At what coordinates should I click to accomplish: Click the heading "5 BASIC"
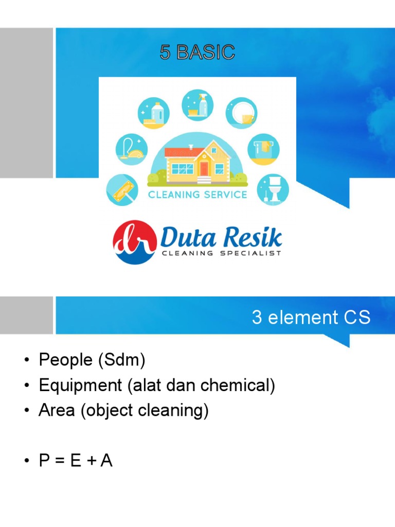(x=197, y=52)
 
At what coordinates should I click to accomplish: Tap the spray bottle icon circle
(x=197, y=105)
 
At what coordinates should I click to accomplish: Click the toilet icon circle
(x=273, y=189)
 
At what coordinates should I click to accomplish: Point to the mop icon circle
(x=122, y=190)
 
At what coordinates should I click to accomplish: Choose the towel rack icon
(x=263, y=149)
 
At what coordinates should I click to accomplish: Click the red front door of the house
(x=204, y=168)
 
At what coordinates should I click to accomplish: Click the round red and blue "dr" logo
(x=134, y=242)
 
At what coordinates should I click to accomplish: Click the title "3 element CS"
(x=311, y=318)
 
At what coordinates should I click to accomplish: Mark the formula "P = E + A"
(x=76, y=461)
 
